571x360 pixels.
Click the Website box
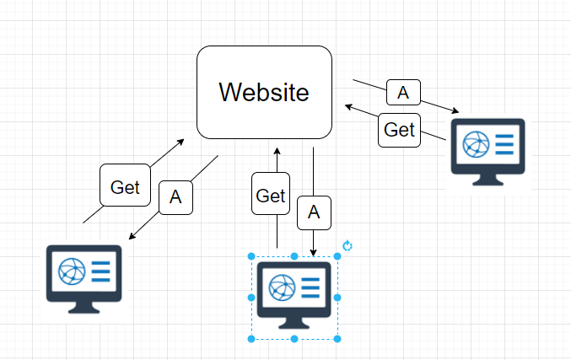264,92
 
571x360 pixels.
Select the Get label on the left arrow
125,186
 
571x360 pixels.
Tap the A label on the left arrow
175,197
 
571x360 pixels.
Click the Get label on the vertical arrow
271,196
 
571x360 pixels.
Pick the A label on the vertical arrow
314,213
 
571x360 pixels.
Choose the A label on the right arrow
403,92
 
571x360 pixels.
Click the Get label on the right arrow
399,129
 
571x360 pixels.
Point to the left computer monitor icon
83,274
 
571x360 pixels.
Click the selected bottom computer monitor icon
294,292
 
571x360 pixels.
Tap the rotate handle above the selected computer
347,246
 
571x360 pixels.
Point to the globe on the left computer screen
70,271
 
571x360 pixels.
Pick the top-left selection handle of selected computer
251,256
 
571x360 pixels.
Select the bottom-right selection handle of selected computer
337,338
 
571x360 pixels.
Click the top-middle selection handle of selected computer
294,256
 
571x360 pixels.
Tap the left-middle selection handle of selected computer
251,298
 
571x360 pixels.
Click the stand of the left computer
83,305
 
